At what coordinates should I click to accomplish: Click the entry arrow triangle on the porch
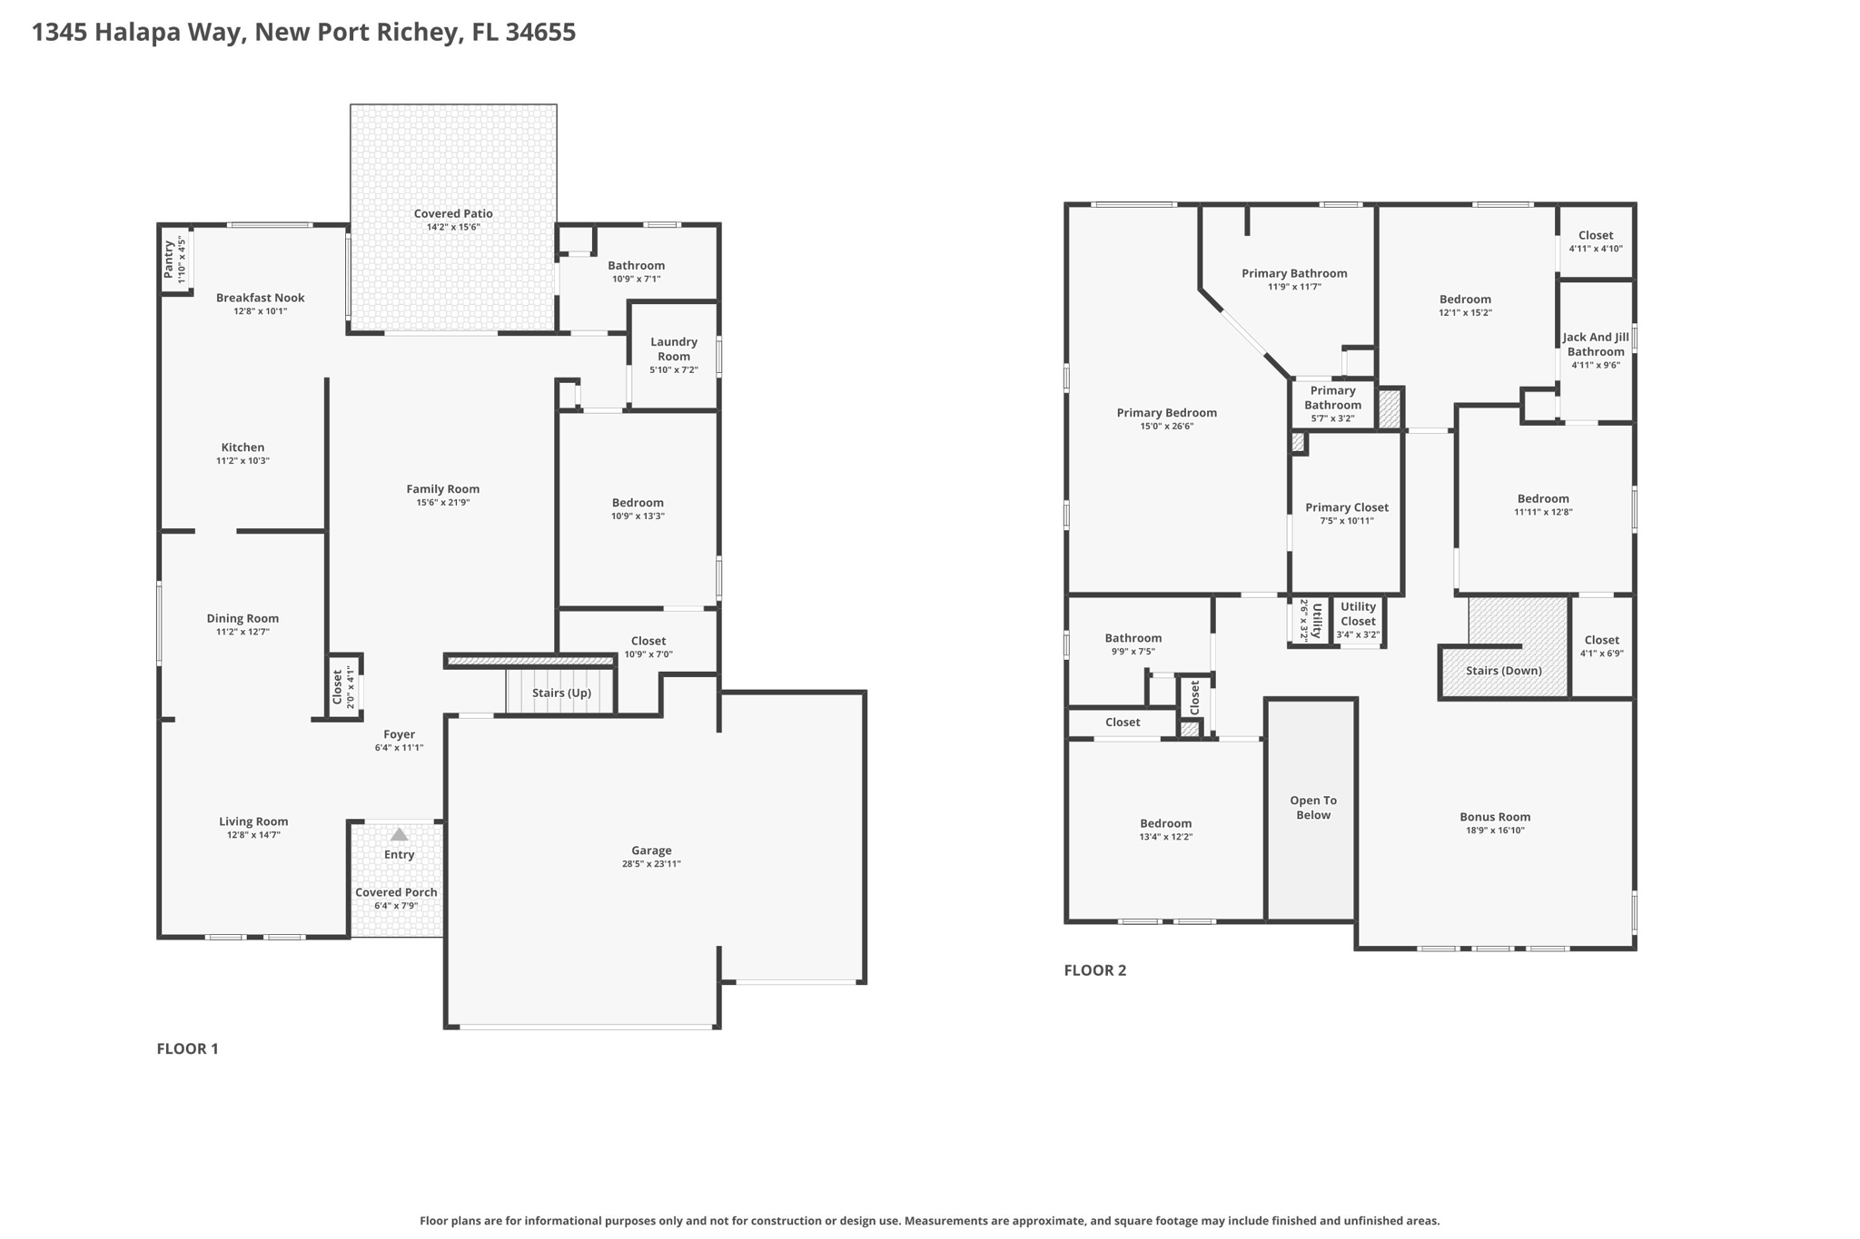[399, 834]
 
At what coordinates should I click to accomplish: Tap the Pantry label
[169, 260]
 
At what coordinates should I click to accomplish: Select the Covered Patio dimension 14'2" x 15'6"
[453, 227]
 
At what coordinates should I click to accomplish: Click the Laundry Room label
[674, 349]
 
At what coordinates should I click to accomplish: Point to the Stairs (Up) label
[561, 693]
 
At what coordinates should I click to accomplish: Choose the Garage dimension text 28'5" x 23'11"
[651, 864]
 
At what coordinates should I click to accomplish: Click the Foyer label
[399, 734]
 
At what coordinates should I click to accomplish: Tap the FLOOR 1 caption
[187, 1048]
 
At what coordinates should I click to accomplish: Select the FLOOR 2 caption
[1094, 969]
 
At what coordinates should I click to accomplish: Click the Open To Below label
[1313, 808]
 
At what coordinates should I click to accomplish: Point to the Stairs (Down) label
[1504, 671]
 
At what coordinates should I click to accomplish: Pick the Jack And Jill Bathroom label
[1596, 344]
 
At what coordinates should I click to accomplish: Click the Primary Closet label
[1347, 507]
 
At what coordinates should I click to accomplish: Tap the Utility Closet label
[1358, 614]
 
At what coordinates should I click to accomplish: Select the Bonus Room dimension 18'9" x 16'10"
[1495, 831]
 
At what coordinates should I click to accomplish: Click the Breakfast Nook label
[261, 298]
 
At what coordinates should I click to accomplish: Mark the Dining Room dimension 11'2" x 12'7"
[242, 632]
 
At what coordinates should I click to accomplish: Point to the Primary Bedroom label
[1166, 413]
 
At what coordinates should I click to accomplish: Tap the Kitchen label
[242, 447]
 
